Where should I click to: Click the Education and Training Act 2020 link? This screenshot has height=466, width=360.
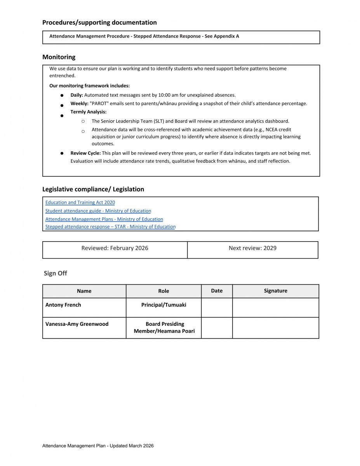click(80, 202)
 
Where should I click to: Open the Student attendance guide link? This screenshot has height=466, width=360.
click(98, 211)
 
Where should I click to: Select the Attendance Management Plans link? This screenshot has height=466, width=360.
click(104, 219)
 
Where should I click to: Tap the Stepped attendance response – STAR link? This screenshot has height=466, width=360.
click(110, 227)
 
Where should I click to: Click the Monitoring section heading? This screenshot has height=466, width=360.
click(59, 57)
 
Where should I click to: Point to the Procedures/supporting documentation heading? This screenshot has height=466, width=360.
click(99, 23)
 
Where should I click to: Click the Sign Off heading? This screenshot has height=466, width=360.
click(55, 273)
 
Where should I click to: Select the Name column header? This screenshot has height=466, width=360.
click(84, 291)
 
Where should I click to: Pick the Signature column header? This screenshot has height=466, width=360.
click(275, 291)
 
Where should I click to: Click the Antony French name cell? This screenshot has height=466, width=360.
click(63, 305)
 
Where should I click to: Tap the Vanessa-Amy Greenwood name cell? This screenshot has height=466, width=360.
click(77, 324)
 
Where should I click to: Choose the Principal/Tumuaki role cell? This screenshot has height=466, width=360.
click(163, 305)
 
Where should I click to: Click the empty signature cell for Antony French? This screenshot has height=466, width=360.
click(275, 308)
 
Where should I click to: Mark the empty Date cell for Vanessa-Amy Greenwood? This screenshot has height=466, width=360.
click(217, 328)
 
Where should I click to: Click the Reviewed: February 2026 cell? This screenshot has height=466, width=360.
click(115, 248)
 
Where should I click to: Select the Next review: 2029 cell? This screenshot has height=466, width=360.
click(252, 248)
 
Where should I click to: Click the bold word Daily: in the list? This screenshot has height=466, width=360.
click(77, 95)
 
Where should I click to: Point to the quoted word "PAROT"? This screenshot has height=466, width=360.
click(100, 104)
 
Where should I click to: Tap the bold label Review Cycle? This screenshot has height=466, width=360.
click(85, 153)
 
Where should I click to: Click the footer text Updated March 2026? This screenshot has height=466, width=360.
click(132, 446)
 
